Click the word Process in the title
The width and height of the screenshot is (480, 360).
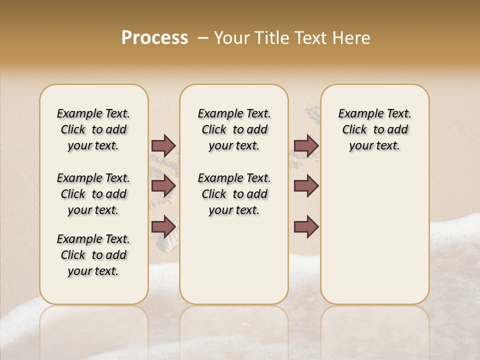coord(154,38)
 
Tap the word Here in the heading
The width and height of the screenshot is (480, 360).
coord(353,38)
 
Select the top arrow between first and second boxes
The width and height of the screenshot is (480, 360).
coord(163,145)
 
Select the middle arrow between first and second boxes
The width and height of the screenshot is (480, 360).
coord(163,186)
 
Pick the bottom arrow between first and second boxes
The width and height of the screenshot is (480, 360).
coord(163,226)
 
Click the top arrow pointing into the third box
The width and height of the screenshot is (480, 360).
coord(306,145)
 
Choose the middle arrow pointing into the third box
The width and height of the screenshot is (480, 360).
coord(306,186)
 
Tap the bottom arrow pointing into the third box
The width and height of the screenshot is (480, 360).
coord(306,226)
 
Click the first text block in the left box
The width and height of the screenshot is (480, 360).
coord(93,129)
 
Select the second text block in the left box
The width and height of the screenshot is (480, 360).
coord(93,194)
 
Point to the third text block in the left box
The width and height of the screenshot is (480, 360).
coord(93,255)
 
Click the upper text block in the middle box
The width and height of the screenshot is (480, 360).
coord(234,129)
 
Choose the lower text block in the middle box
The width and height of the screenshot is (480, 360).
coord(234,194)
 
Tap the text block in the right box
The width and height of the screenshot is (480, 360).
coord(374,129)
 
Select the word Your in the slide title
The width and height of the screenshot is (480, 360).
coord(230,38)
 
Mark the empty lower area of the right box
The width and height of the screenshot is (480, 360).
coord(374,235)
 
